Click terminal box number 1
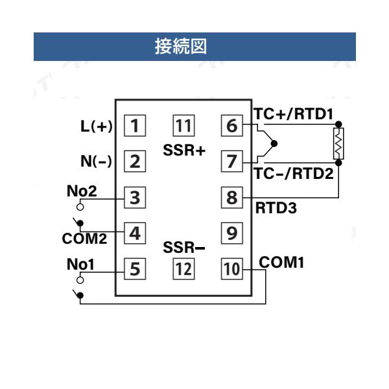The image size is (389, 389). [x=135, y=126]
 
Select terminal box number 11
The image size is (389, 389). [x=183, y=126]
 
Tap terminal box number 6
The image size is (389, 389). [x=231, y=126]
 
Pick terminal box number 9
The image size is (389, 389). [x=231, y=233]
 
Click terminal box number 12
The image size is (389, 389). [x=183, y=269]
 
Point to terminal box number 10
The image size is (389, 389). [x=231, y=269]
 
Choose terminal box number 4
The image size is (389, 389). [x=135, y=233]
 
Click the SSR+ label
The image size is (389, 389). [x=184, y=150]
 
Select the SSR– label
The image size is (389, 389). [x=184, y=248]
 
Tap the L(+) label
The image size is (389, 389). [x=97, y=126]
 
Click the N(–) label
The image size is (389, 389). [x=96, y=161]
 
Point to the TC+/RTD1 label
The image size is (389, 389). [x=293, y=114]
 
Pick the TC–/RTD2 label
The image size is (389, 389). [x=294, y=173]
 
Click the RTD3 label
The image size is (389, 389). [x=276, y=208]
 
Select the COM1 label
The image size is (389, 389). [x=281, y=262]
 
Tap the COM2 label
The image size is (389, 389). [x=84, y=239]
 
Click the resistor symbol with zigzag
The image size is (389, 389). [x=338, y=144]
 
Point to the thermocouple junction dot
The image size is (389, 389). [x=274, y=144]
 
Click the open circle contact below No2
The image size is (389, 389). [x=80, y=207]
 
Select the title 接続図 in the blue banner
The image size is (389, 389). [x=181, y=47]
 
